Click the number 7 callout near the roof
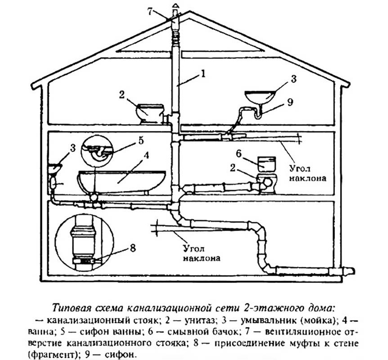coord(151,11)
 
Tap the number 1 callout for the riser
coord(203,74)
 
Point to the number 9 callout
coord(290,102)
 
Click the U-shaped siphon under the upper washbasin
coord(258,114)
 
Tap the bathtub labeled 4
coord(122,181)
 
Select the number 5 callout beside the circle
coord(140,140)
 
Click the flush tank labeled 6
coord(266,164)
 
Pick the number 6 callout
coord(239,154)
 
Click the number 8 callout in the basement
coord(133,247)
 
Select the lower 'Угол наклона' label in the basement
coord(201,253)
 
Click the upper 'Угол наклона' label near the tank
coord(307,173)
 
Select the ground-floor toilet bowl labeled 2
coord(266,183)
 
